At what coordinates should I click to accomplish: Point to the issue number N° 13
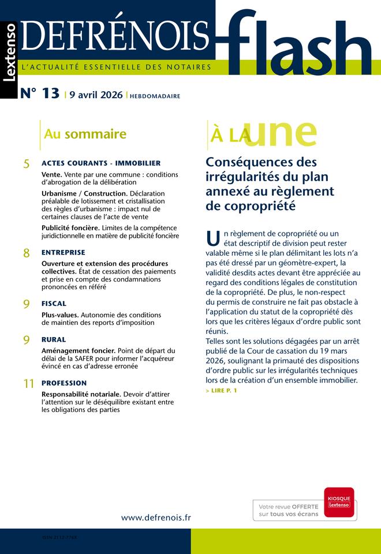point(40,94)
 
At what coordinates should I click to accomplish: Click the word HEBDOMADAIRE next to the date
point(155,96)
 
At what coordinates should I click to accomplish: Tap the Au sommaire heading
point(85,134)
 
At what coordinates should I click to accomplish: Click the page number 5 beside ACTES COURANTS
point(27,164)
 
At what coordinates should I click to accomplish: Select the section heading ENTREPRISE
point(63,253)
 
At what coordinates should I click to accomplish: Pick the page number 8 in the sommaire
point(27,253)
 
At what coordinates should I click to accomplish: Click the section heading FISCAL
point(54,304)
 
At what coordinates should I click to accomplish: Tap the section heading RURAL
point(54,340)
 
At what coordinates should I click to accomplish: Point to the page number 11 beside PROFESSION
point(28,384)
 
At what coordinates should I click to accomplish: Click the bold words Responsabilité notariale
point(81,394)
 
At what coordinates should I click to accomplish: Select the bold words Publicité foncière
point(70,228)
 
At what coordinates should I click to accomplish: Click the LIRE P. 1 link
point(221,391)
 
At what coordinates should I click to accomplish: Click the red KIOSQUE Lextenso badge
point(339,501)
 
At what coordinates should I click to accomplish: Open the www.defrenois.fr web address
point(155,518)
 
